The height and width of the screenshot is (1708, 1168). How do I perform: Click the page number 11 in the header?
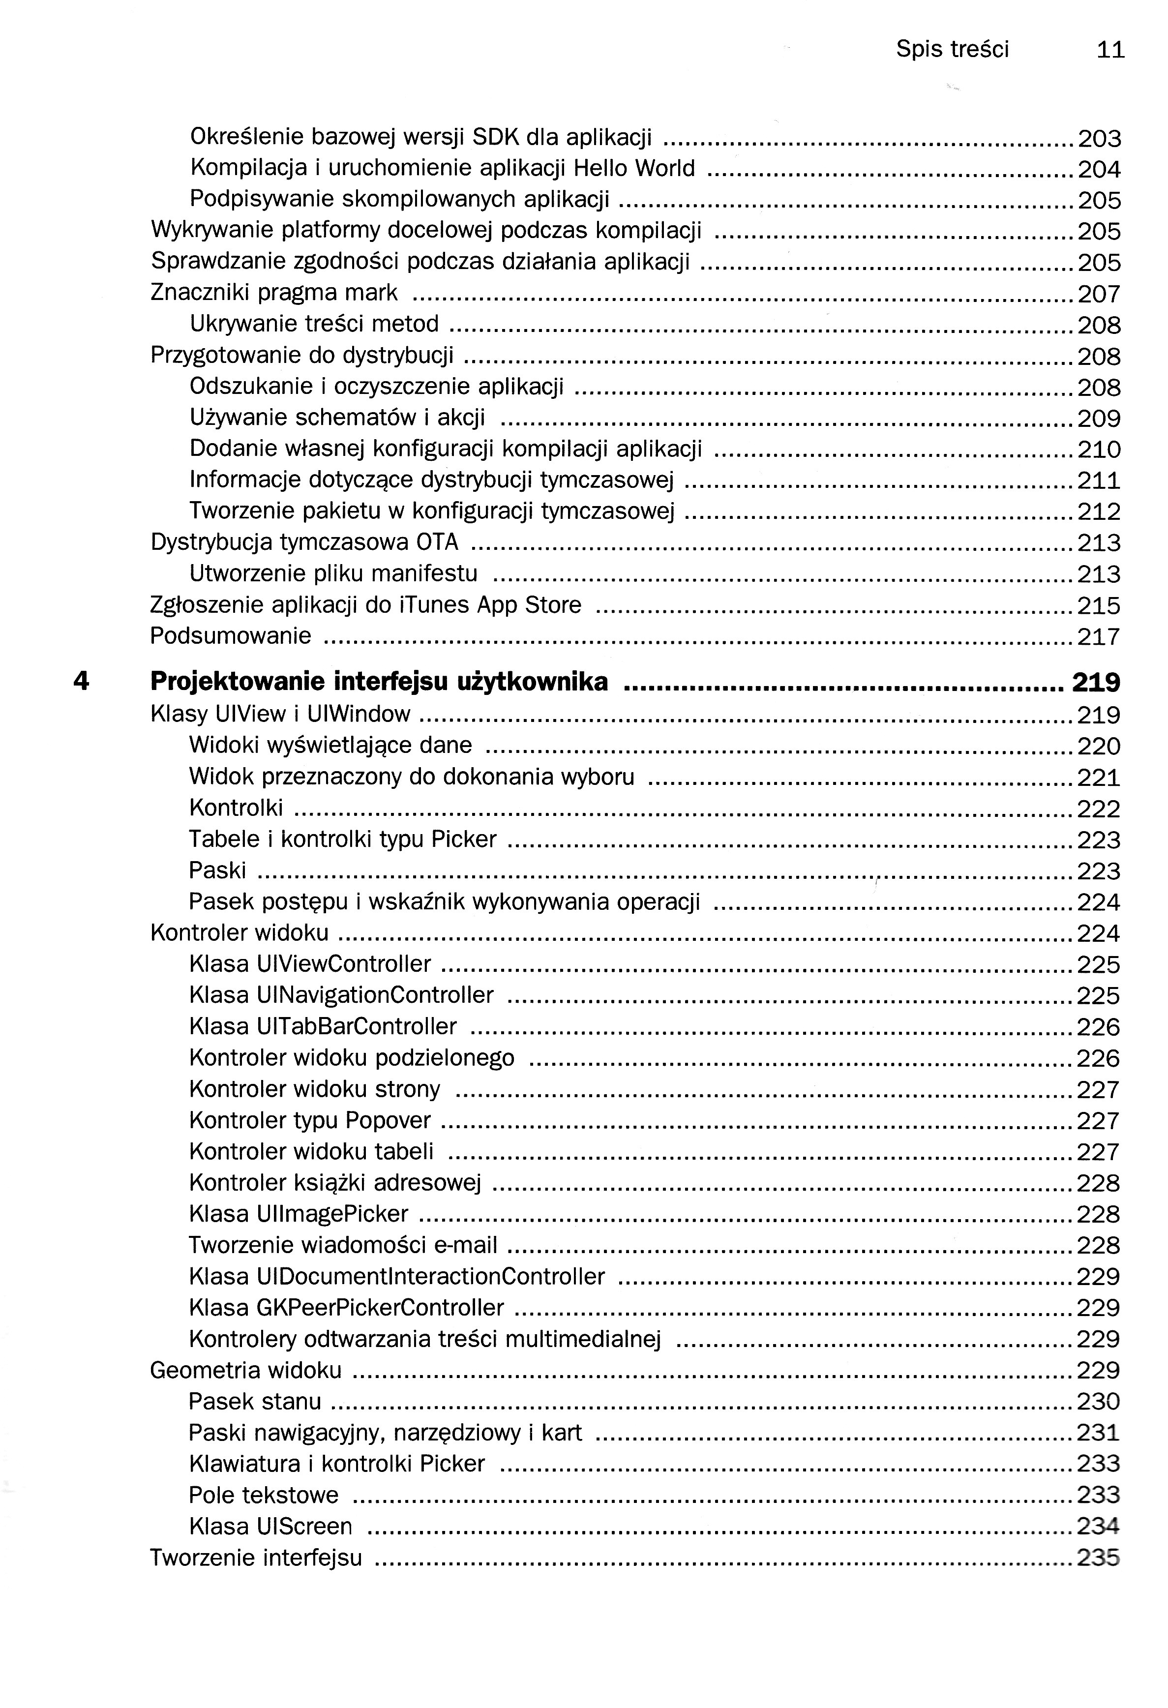(x=1110, y=50)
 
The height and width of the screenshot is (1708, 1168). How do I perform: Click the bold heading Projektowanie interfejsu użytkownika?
(x=379, y=682)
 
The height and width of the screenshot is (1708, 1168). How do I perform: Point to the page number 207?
(x=1099, y=294)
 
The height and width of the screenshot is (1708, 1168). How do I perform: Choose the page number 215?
(x=1099, y=605)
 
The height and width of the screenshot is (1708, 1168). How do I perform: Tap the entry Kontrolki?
(x=236, y=808)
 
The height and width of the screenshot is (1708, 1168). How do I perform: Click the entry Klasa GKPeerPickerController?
(x=346, y=1308)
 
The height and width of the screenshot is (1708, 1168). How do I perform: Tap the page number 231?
(x=1098, y=1433)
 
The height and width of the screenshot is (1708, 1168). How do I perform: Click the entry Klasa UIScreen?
(x=270, y=1527)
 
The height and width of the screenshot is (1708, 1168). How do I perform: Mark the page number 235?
(x=1098, y=1558)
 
